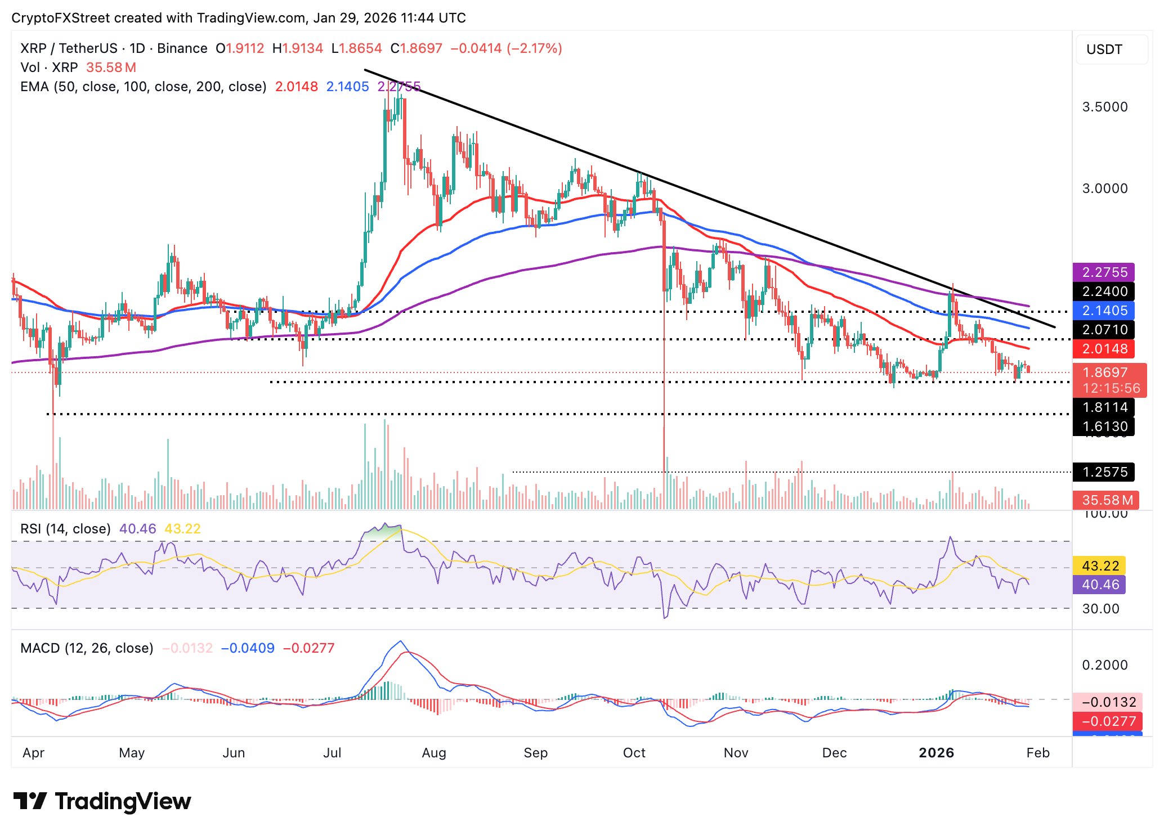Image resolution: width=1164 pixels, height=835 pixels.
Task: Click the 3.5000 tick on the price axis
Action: [1105, 107]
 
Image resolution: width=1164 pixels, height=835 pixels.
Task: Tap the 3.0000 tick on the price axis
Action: [1105, 188]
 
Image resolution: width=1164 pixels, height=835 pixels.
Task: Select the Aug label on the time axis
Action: [434, 753]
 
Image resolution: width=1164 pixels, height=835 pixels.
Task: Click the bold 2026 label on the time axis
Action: [936, 753]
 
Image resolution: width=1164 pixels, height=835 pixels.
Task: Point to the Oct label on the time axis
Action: [634, 753]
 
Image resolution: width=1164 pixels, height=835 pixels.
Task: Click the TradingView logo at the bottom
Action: [102, 801]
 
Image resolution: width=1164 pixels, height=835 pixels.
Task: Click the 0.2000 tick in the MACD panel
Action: [1105, 665]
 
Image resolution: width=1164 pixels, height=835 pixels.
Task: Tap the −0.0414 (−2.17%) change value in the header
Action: [506, 48]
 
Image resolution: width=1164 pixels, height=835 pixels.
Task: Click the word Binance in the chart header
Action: [182, 48]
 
